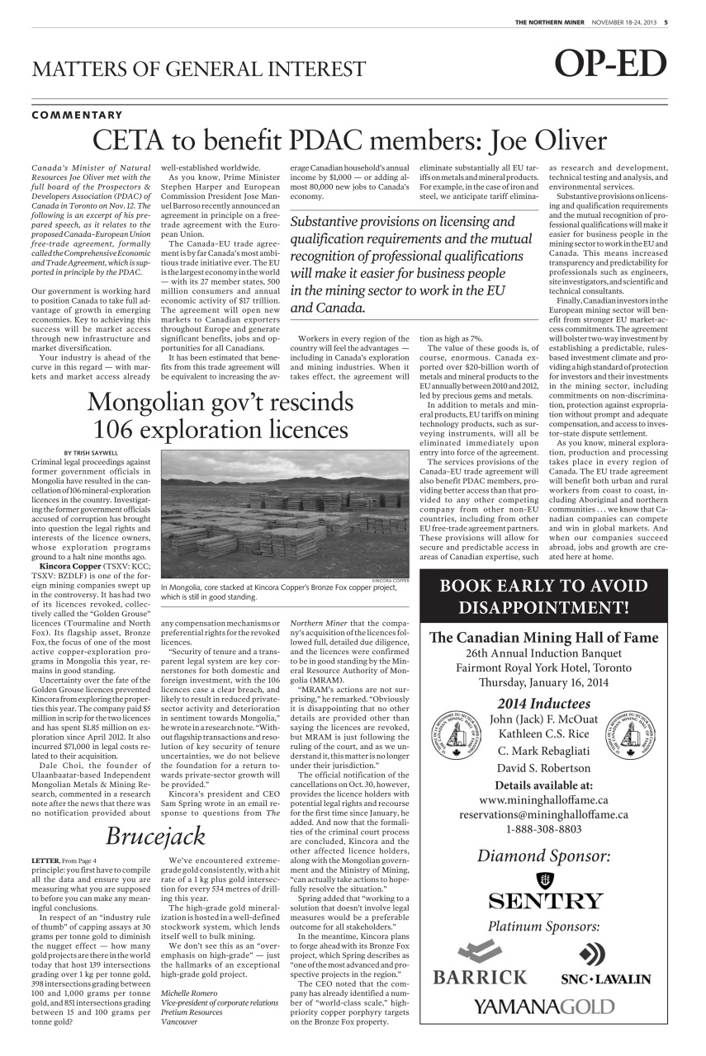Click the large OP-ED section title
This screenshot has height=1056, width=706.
click(x=610, y=65)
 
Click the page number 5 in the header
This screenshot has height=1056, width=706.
click(x=666, y=22)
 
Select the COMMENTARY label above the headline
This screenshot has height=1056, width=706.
click(x=77, y=115)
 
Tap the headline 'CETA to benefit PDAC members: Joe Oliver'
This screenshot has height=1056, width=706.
click(x=350, y=142)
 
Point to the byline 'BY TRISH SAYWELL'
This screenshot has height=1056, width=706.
click(x=92, y=452)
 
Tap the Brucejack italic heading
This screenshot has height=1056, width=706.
click(x=155, y=836)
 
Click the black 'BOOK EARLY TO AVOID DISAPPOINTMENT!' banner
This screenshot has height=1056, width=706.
click(x=543, y=597)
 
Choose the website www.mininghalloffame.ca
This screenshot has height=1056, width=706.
click(x=543, y=799)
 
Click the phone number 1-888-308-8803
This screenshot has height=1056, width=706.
click(x=543, y=829)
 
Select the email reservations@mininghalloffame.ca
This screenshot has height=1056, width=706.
click(x=543, y=814)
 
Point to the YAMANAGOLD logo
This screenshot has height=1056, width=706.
click(x=543, y=1006)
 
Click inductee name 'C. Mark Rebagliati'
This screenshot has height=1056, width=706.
click(x=543, y=751)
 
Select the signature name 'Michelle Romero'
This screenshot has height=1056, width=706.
click(x=189, y=992)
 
